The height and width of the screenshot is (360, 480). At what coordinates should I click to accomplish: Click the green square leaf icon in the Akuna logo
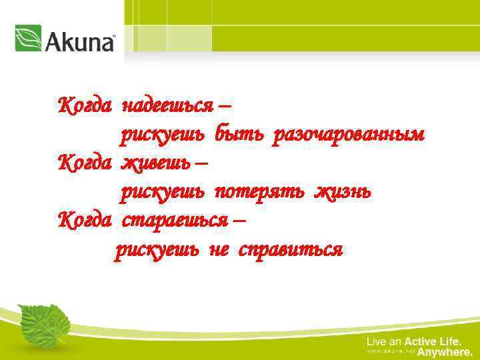point(28,38)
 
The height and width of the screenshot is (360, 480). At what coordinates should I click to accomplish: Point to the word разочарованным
point(347,135)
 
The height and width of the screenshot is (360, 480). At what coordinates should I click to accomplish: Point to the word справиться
point(291,250)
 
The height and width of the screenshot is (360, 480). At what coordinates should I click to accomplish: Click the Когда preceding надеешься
point(84,105)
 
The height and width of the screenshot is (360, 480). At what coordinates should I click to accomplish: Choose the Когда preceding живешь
point(84,163)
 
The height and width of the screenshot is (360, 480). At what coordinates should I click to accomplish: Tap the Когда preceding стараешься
point(84,219)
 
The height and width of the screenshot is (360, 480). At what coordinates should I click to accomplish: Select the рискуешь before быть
point(163,135)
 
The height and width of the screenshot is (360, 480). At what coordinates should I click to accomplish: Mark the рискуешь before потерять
point(163,193)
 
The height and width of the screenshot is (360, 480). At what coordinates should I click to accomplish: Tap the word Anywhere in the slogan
point(445,352)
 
